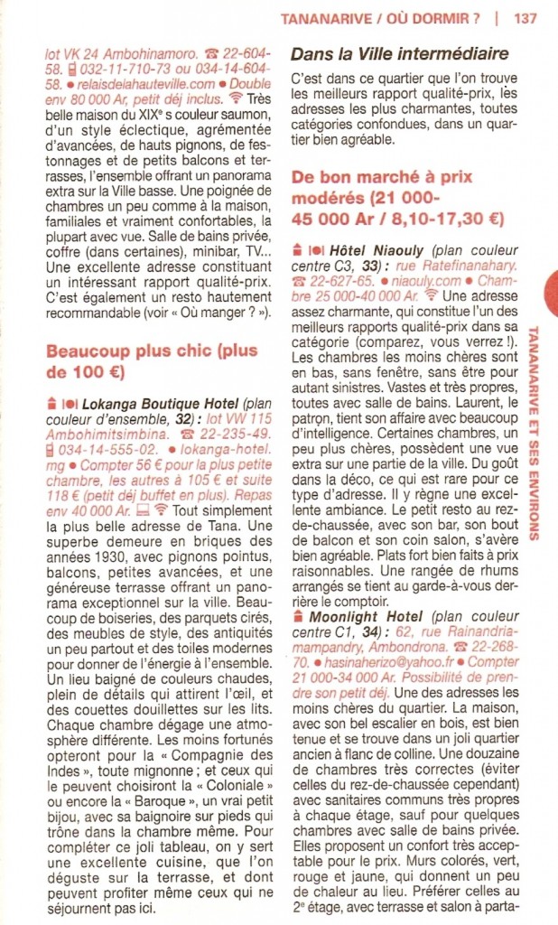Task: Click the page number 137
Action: (525, 17)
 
